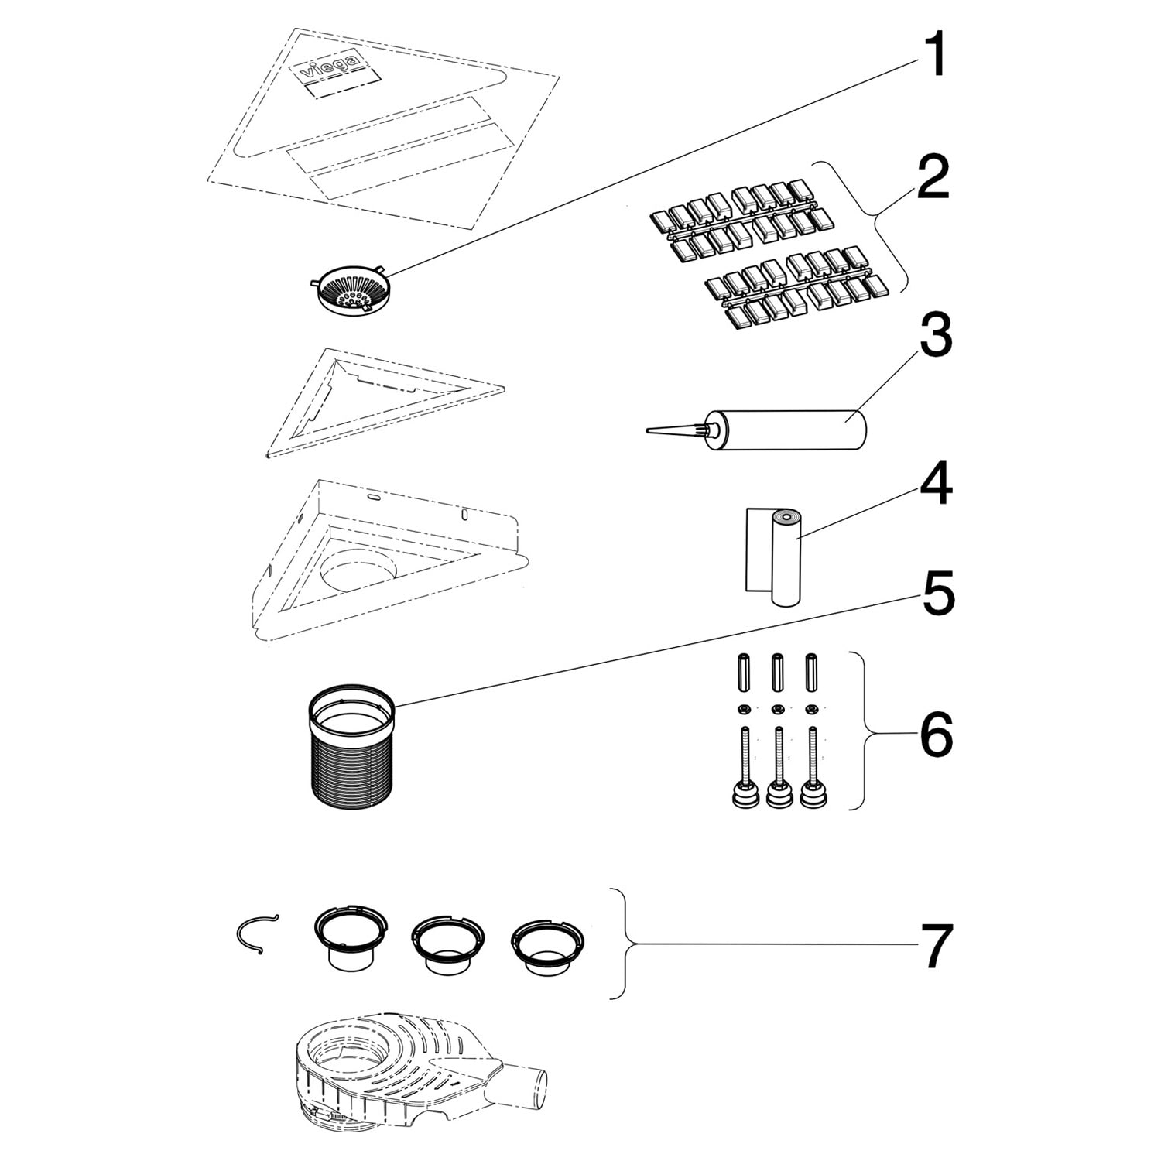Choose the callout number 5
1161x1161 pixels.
click(936, 593)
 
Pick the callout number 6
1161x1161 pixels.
click(936, 735)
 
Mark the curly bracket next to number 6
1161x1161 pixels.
click(866, 731)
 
